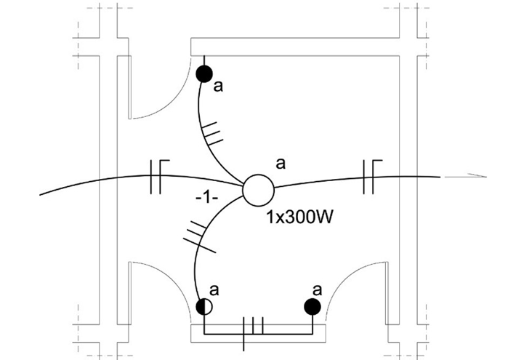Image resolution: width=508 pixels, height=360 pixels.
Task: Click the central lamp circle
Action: (x=257, y=190)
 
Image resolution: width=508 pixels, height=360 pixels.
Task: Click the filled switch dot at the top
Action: (x=204, y=73)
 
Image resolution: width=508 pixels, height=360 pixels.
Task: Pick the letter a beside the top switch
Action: (x=217, y=87)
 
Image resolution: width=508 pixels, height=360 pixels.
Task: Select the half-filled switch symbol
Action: (x=204, y=306)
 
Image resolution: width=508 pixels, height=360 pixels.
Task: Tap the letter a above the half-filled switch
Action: (x=215, y=289)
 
